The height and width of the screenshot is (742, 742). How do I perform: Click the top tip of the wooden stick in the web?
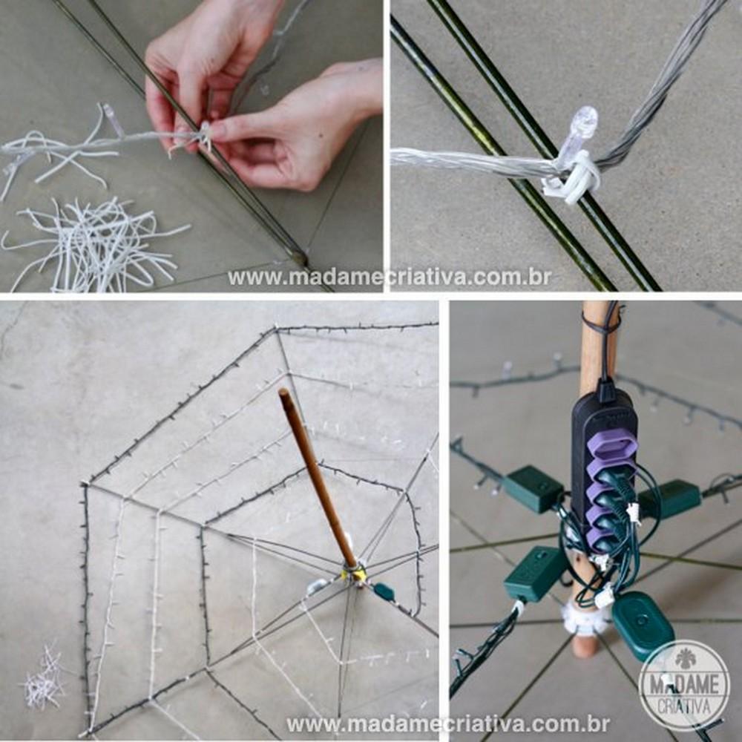point(283,391)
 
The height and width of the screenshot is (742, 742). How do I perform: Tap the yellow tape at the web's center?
point(355,573)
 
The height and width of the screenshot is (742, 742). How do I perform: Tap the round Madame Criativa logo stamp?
point(684,684)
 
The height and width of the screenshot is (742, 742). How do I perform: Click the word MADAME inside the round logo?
point(684,683)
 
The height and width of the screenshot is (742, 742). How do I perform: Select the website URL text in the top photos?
point(389,277)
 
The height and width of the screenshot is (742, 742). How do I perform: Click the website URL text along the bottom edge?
point(447,724)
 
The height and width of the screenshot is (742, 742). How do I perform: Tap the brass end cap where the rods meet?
point(299,257)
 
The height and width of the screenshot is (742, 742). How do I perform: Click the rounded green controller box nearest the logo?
point(643,626)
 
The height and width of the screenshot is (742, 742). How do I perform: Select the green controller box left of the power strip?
point(533,489)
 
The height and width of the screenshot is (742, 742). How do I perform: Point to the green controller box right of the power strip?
point(669,499)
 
